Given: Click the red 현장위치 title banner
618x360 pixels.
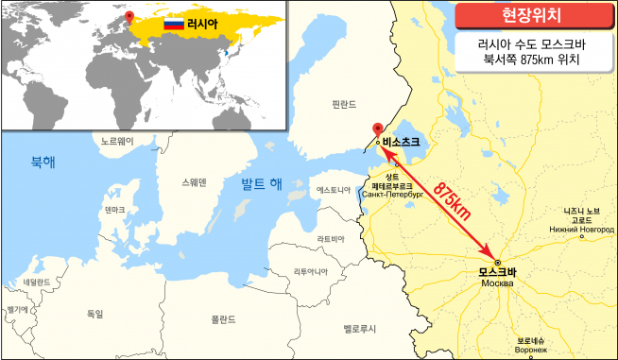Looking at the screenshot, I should click(528, 15).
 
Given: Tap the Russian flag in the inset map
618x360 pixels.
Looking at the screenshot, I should click(174, 22).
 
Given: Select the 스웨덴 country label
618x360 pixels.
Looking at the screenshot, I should click(195, 181).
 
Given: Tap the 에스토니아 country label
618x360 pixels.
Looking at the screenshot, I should click(334, 190).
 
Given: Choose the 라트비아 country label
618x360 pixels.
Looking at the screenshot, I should click(331, 239).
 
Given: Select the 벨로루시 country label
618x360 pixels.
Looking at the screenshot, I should click(359, 328).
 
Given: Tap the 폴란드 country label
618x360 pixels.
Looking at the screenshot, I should click(223, 318).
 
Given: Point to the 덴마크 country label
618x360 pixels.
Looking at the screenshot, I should click(115, 210).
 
